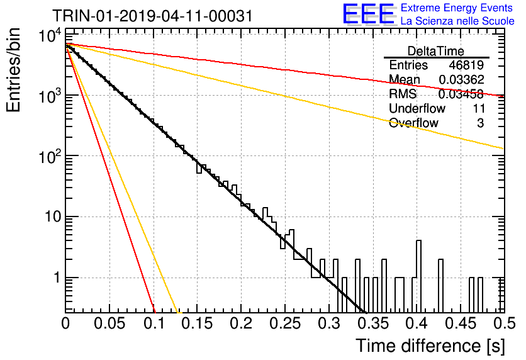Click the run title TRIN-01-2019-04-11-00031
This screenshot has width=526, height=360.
click(152, 16)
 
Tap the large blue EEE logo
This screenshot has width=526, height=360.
click(369, 14)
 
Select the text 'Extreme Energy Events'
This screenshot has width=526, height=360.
click(457, 8)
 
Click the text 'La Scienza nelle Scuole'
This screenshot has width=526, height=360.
click(457, 21)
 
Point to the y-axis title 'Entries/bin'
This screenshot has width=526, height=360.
click(14, 70)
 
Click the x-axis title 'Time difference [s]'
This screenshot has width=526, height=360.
click(430, 346)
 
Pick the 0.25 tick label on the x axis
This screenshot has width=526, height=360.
click(285, 323)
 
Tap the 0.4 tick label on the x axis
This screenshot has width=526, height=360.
click(417, 323)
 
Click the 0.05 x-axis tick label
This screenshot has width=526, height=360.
click(109, 323)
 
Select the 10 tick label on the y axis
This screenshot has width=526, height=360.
click(53, 217)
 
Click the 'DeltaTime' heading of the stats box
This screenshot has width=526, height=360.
click(436, 51)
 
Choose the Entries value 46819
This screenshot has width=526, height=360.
click(466, 65)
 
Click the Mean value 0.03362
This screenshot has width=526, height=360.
click(461, 79)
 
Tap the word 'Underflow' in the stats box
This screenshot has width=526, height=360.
click(417, 108)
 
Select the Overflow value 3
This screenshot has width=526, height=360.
click(480, 123)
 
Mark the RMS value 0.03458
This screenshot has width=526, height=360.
click(461, 94)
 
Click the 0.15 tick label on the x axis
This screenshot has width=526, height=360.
click(197, 323)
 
